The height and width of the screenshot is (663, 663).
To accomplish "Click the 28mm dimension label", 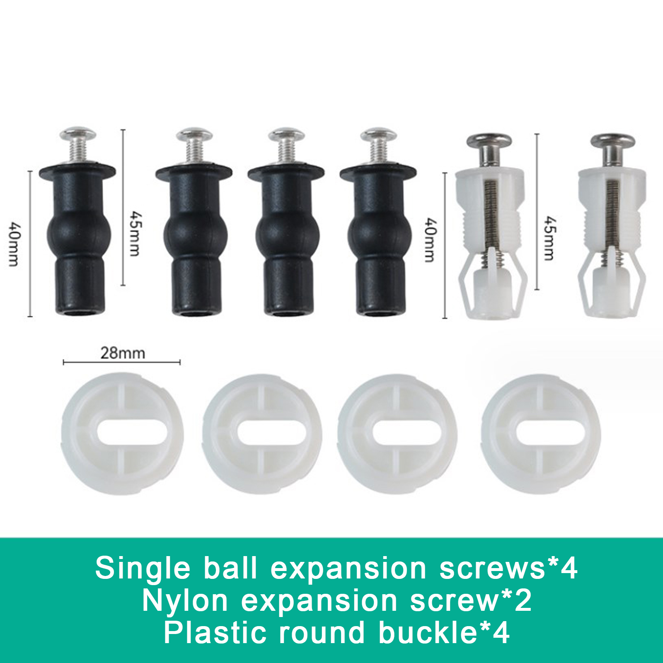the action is click(123, 353).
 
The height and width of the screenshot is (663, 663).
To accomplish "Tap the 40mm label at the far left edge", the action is click(14, 244).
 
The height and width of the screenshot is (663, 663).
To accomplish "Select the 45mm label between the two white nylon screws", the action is click(549, 238).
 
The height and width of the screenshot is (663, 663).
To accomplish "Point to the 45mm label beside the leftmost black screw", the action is click(135, 233).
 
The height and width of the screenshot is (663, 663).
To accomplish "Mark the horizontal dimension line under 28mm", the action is click(121, 362).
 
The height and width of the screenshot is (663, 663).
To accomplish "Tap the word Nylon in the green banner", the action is click(185, 601).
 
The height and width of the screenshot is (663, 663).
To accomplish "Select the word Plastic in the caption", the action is click(214, 633).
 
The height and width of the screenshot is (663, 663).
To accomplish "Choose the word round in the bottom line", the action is click(321, 633).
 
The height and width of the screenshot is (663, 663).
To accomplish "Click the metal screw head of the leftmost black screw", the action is click(78, 134).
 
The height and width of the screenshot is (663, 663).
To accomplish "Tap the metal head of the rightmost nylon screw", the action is click(612, 141).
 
